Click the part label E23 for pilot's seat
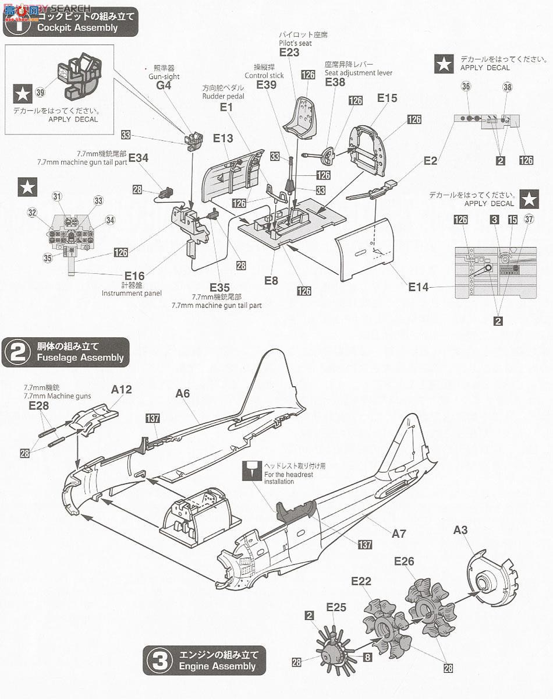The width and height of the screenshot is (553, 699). [289, 52]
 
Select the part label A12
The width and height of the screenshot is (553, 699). [121, 389]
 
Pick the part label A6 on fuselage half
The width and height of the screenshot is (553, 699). [183, 394]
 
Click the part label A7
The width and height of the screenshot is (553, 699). [399, 534]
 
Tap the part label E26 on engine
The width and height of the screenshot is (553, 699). [404, 561]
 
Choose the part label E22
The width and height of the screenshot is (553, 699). [361, 581]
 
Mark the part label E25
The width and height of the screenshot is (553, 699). [336, 608]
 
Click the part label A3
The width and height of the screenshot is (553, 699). [460, 530]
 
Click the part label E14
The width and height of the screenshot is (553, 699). [418, 287]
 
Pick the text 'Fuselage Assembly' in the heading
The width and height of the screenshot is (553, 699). [80, 358]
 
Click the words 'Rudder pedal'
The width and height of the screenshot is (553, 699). [224, 96]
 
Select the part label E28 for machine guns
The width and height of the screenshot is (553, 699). [39, 405]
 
